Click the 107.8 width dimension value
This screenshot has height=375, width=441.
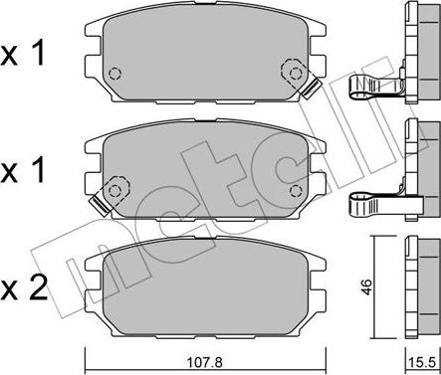[205, 362]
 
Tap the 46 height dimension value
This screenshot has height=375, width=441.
[366, 287]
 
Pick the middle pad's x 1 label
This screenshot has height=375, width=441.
[23, 170]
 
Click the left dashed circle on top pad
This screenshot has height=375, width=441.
[114, 74]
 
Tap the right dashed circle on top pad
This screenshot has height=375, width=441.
[295, 74]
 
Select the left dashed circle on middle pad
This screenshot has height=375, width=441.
[114, 191]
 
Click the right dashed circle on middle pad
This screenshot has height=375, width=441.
[295, 191]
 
